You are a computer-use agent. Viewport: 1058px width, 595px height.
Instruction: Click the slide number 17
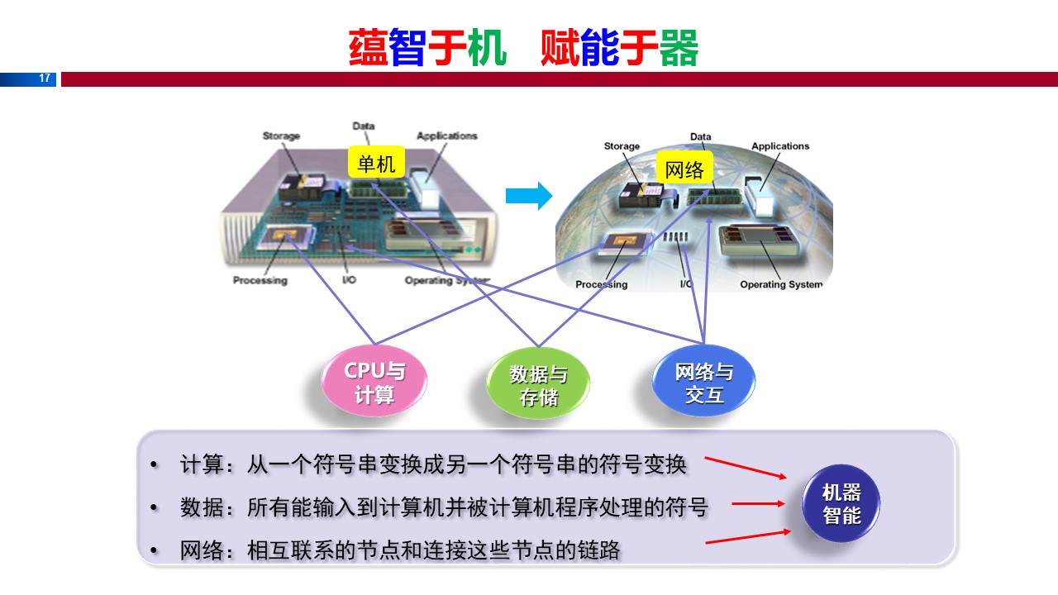pyautogui.click(x=45, y=79)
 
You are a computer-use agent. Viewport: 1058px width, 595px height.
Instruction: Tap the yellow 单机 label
pyautogui.click(x=376, y=164)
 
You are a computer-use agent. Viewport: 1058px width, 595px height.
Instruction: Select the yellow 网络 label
pyautogui.click(x=684, y=169)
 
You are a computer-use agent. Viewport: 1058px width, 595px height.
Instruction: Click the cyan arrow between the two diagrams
pyautogui.click(x=528, y=196)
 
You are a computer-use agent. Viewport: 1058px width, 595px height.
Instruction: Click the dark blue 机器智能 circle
pyautogui.click(x=841, y=504)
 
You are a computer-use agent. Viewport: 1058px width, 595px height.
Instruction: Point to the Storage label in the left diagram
pyautogui.click(x=281, y=136)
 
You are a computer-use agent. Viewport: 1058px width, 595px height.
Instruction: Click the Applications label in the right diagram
pyautogui.click(x=780, y=146)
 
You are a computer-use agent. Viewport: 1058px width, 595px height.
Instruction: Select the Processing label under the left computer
pyautogui.click(x=260, y=280)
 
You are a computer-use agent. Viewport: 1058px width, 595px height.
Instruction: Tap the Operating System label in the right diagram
pyautogui.click(x=781, y=285)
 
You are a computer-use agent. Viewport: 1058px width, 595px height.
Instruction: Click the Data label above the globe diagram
pyautogui.click(x=701, y=136)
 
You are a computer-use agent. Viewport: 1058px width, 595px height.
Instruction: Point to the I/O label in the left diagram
pyautogui.click(x=350, y=280)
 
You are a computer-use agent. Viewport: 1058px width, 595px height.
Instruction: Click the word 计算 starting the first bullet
pyautogui.click(x=202, y=464)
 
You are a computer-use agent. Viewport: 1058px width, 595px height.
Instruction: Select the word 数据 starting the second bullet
pyautogui.click(x=202, y=507)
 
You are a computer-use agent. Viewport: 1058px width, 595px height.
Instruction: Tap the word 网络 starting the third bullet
pyautogui.click(x=202, y=550)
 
